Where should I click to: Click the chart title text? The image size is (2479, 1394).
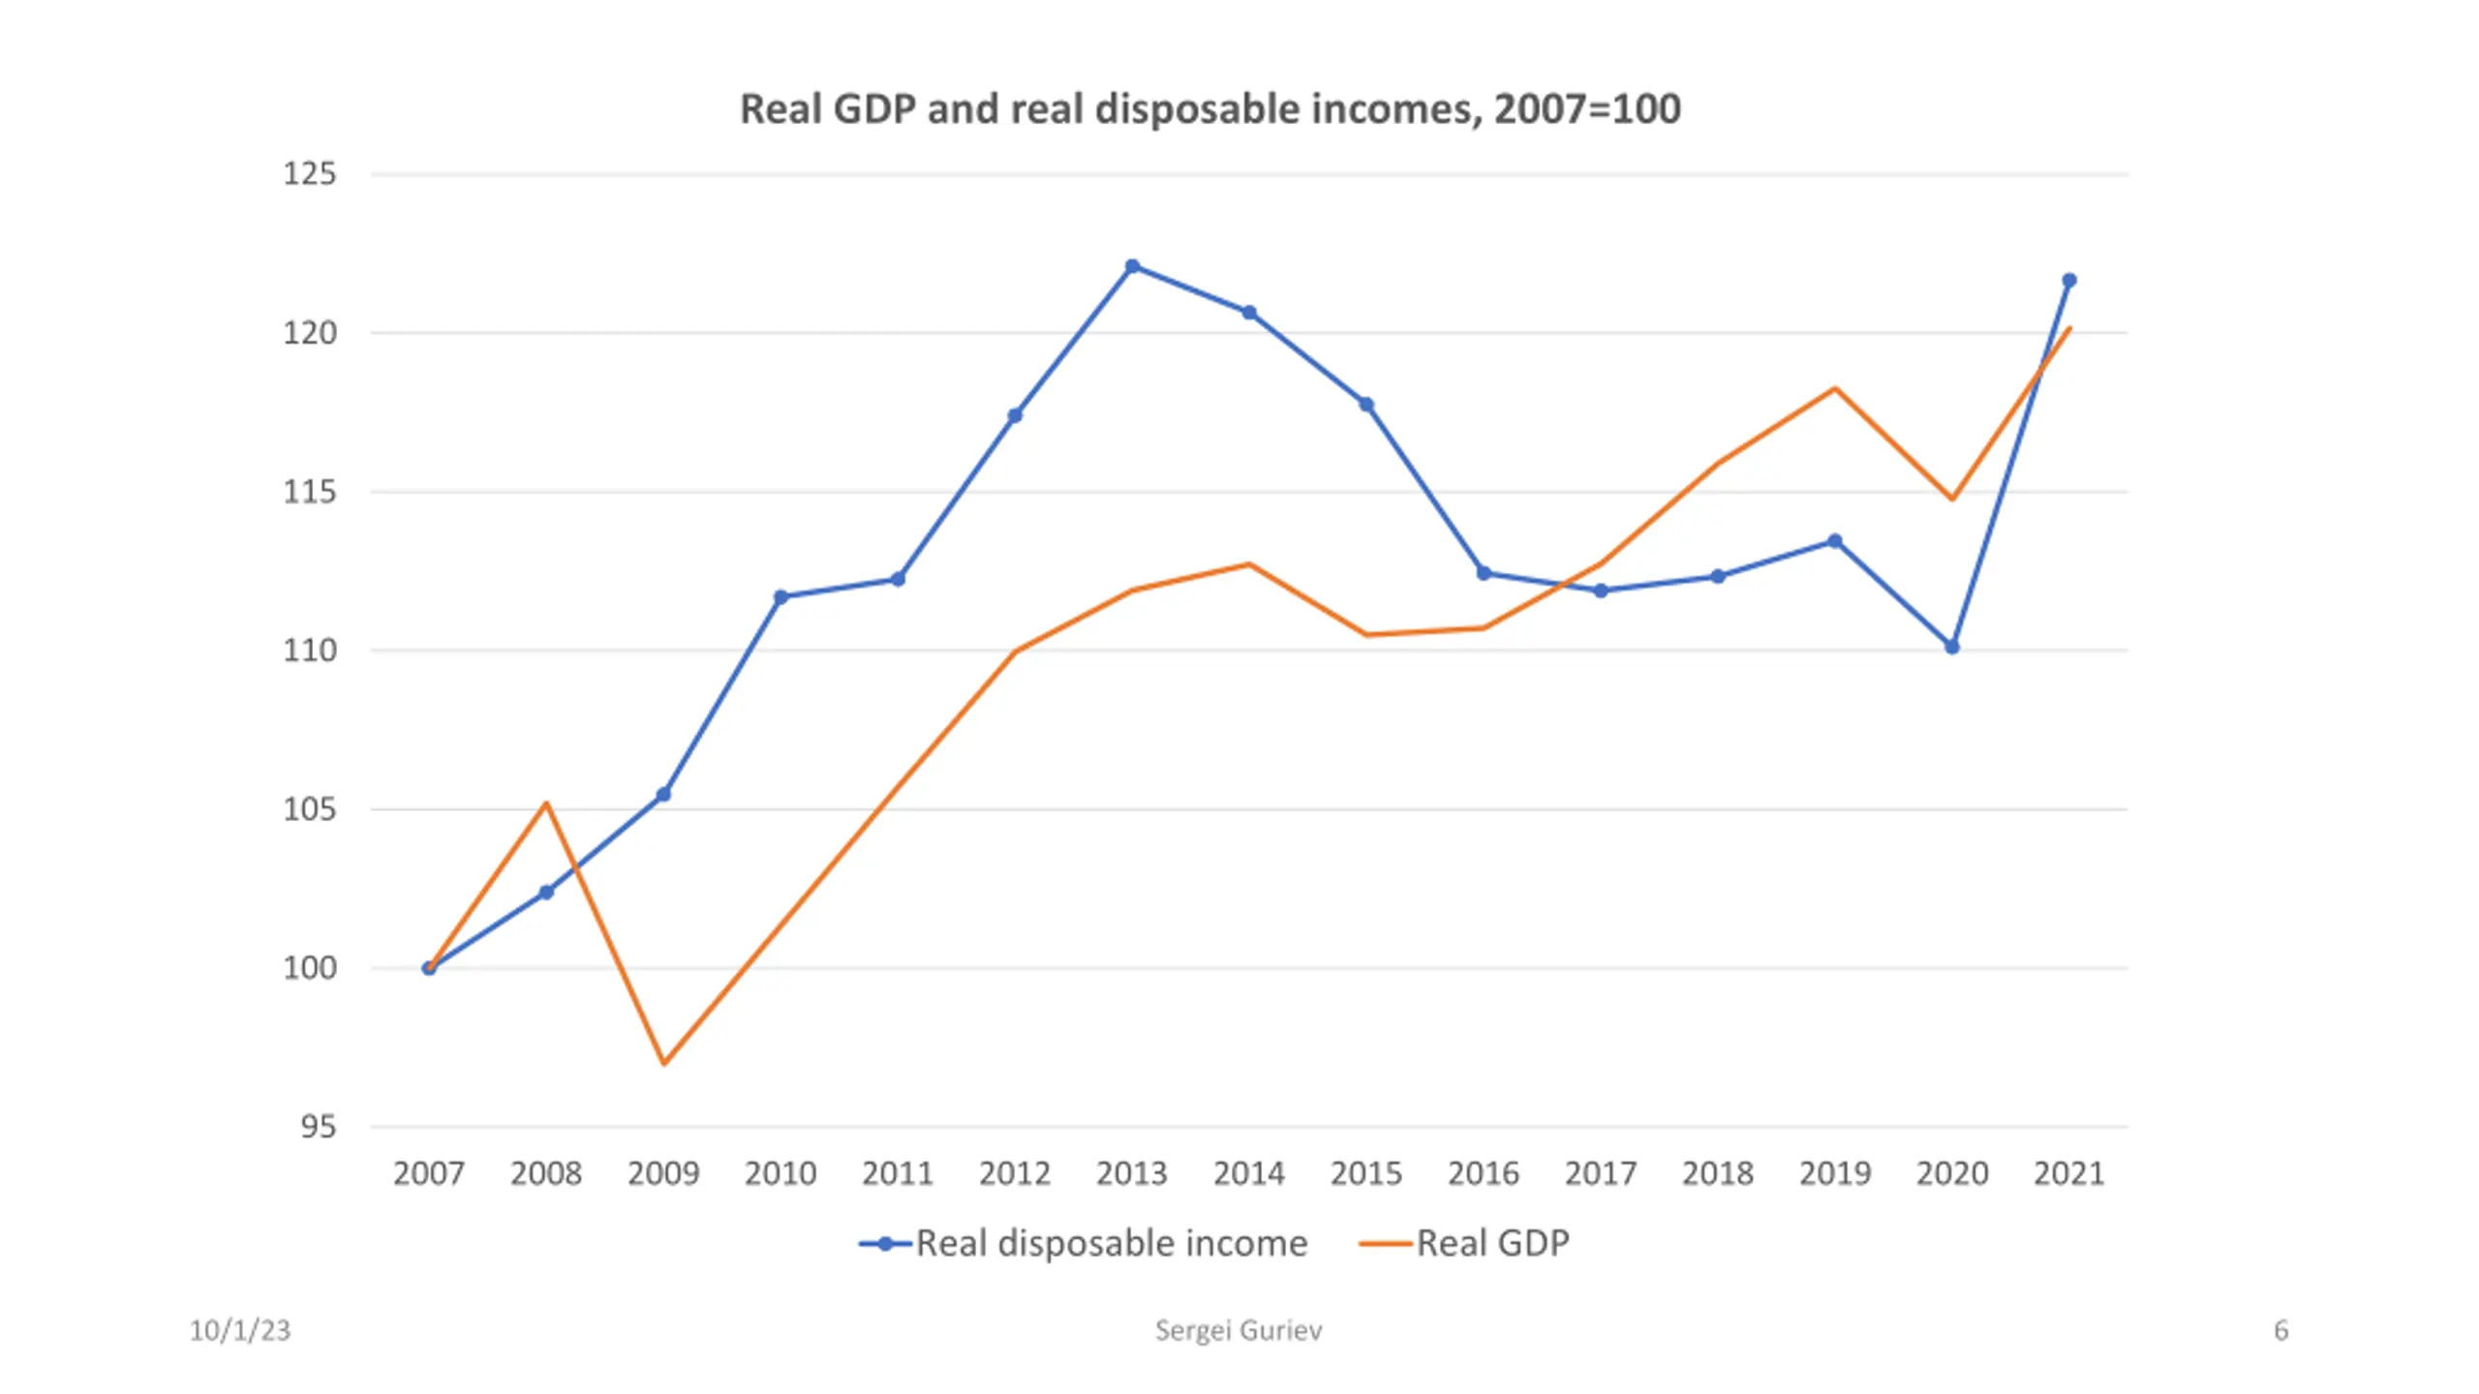(1209, 108)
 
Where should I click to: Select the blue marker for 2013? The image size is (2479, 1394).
(1132, 266)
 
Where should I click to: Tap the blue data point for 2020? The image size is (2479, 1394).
(1952, 647)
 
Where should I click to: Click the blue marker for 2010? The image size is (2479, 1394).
(780, 596)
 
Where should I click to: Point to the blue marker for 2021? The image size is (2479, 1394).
(2069, 281)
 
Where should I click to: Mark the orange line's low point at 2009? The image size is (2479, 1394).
(664, 1063)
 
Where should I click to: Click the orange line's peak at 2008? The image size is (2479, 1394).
(547, 803)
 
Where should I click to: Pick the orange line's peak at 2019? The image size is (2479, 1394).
(1835, 388)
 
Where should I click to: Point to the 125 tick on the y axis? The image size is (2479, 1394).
(309, 174)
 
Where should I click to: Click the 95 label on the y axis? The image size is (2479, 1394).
(318, 1127)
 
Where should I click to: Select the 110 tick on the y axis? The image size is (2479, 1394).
(309, 651)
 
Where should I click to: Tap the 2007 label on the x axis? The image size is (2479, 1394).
(429, 1173)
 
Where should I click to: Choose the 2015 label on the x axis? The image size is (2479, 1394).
(1366, 1173)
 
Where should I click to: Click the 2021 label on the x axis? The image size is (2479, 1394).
(2069, 1173)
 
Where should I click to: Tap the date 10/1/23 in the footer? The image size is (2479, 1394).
(239, 1331)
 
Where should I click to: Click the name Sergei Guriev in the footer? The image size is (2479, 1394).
(1239, 1331)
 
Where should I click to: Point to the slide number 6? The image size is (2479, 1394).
(2280, 1331)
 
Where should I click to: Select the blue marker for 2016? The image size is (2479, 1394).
(1484, 573)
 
